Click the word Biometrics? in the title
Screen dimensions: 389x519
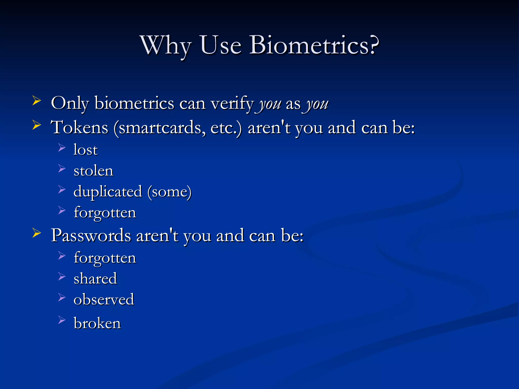(x=314, y=45)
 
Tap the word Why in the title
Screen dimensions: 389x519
(x=166, y=46)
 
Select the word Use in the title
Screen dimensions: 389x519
(x=220, y=45)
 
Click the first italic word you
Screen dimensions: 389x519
(x=270, y=104)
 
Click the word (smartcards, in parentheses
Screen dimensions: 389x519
(x=160, y=128)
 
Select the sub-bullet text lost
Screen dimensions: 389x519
(x=85, y=150)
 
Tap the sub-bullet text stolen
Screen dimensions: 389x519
(x=93, y=171)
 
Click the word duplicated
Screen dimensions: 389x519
(x=108, y=192)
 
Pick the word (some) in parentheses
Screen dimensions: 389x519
(x=170, y=192)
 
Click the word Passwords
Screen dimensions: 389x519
(x=91, y=235)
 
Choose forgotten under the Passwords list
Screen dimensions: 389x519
(x=105, y=258)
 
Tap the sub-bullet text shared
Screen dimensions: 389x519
(x=95, y=279)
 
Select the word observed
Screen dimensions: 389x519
(x=104, y=299)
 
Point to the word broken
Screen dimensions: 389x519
(x=97, y=323)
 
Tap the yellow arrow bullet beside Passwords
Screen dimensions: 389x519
(x=37, y=233)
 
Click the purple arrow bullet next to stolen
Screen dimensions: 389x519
(x=62, y=168)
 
